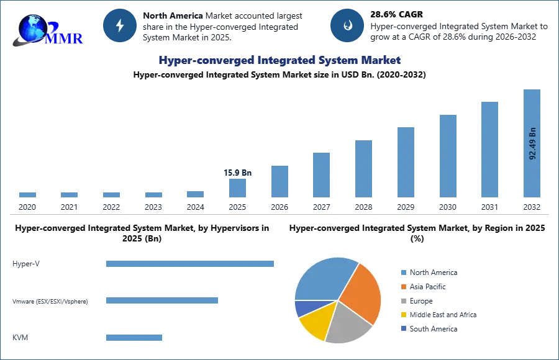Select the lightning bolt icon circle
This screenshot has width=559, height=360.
[x=120, y=25]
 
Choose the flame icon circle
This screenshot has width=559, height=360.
[x=347, y=25]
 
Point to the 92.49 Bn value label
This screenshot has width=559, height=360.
[x=532, y=143]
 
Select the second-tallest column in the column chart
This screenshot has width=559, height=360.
[x=489, y=149]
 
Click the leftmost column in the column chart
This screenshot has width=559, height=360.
[x=27, y=194]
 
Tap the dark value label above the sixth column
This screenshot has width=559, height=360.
[x=238, y=173]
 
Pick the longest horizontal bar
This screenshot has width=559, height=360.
[x=191, y=263]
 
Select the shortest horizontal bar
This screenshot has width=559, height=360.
[x=134, y=338]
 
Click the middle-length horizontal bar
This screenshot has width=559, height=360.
[x=161, y=300]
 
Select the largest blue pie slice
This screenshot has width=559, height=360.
[x=322, y=277]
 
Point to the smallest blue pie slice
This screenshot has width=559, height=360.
[x=304, y=308]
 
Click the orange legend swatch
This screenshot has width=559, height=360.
[x=402, y=287]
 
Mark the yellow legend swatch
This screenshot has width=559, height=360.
[x=402, y=315]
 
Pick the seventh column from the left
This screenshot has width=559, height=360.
[x=278, y=181]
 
